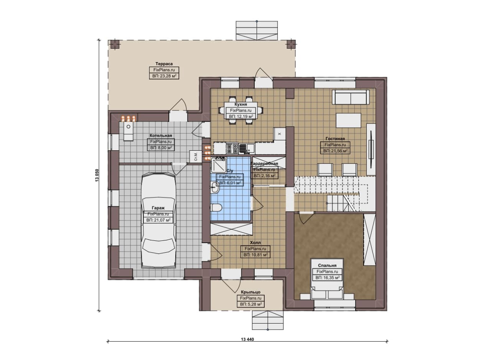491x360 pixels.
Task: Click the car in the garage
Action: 158,220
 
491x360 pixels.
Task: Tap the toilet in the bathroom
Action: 216,207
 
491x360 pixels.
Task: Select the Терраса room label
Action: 164,64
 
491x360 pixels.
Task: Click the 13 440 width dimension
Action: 247,339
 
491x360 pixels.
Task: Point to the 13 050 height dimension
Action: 97,175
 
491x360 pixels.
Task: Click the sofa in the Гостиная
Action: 351,97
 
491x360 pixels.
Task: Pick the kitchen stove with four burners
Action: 232,148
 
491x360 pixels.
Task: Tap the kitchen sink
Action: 246,148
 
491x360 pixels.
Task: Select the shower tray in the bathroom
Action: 219,165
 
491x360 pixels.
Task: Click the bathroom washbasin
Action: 215,187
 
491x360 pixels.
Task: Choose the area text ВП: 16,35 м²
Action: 328,278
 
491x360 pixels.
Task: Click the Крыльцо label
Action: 250,292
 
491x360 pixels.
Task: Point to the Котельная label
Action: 161,135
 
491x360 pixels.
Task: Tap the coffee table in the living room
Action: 349,120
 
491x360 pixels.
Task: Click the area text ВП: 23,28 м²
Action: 164,76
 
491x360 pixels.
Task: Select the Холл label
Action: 255,243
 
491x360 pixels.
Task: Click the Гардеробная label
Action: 264,164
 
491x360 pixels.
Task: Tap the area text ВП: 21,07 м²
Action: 158,220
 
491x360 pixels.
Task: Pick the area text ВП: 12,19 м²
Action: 241,116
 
